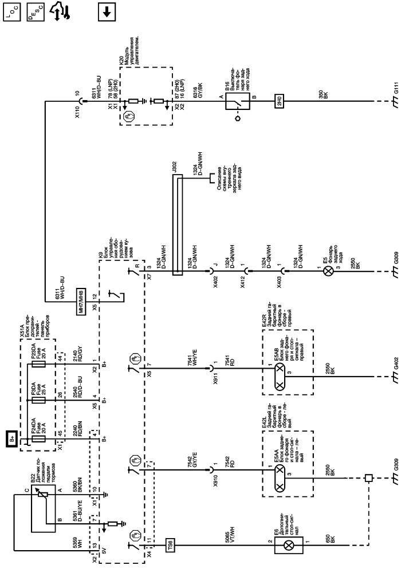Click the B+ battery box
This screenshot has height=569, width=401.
12,439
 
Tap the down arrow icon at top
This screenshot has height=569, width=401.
106,11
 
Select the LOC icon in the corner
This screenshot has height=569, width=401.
11,11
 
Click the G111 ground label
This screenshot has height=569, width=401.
395,89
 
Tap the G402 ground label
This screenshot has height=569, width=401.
395,363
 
